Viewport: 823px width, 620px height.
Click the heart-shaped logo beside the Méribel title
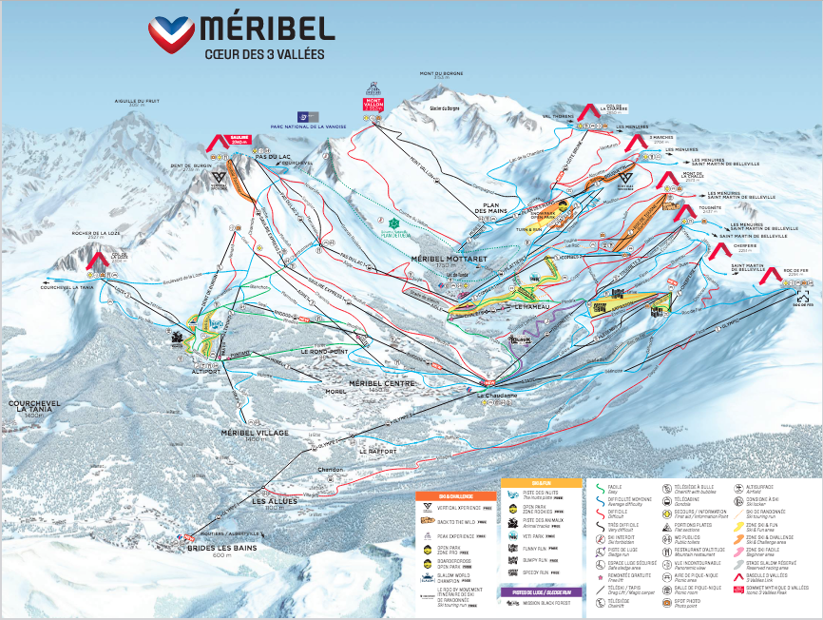click(x=171, y=35)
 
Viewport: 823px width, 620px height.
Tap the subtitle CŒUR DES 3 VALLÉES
click(x=264, y=54)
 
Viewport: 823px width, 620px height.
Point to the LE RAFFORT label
click(x=378, y=450)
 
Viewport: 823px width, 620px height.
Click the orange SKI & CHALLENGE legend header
click(x=442, y=495)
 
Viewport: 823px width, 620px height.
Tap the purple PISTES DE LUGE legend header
click(x=540, y=591)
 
